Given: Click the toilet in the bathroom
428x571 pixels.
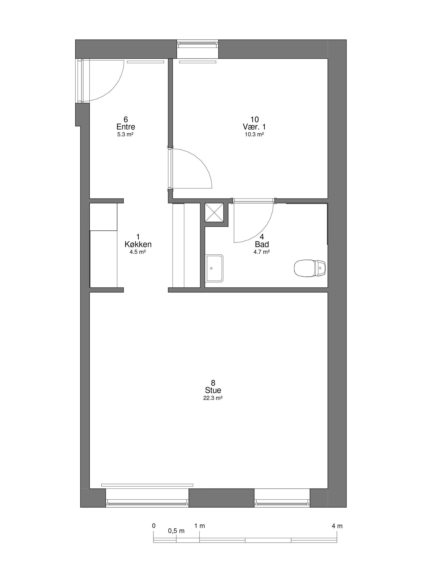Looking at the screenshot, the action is [310, 268].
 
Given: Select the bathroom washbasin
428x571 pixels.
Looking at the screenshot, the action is [214, 268].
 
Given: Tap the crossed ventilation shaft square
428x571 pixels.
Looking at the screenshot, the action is [214, 212].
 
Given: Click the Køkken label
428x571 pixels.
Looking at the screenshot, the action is [138, 244].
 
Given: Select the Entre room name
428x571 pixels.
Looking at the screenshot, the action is [126, 127].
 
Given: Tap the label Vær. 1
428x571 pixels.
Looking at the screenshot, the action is [254, 127].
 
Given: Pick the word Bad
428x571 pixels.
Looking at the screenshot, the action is [262, 244].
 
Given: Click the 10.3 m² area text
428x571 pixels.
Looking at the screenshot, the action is [254, 135].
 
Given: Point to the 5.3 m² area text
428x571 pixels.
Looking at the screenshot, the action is [125, 135].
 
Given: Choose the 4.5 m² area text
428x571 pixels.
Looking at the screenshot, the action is [138, 252].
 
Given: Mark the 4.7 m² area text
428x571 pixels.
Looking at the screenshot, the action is [262, 252].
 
